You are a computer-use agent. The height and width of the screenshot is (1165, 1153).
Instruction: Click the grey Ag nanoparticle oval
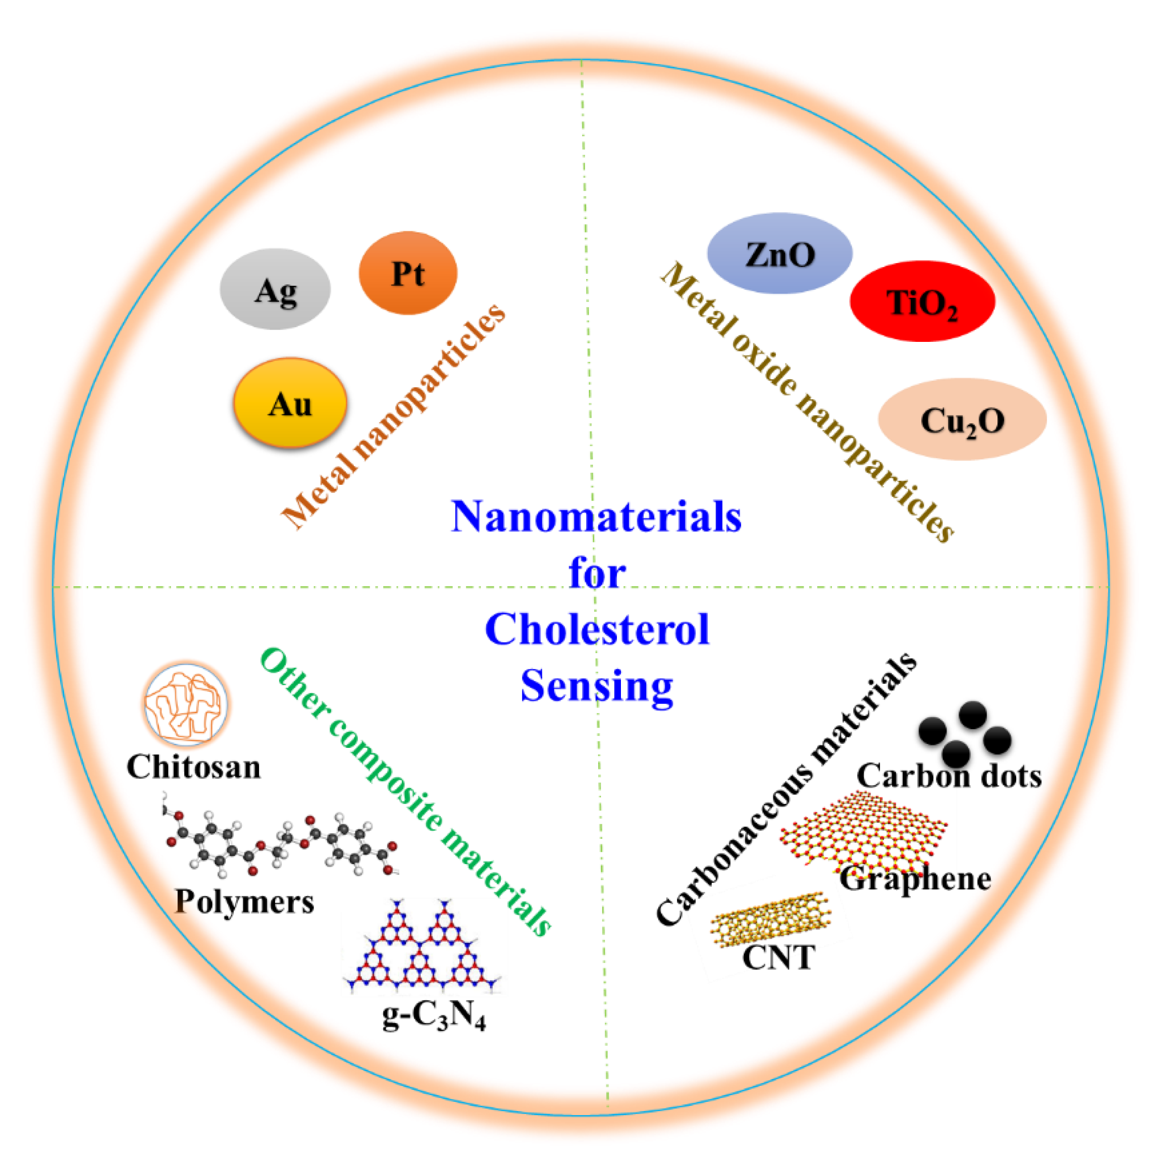[x=275, y=289]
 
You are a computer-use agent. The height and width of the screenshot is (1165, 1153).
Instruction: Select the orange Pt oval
[x=408, y=273]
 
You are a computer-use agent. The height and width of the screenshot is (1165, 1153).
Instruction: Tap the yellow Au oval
[x=290, y=403]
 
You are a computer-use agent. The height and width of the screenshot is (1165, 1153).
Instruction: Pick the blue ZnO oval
[x=779, y=254]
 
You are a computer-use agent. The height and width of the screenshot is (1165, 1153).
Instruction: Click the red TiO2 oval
[x=922, y=301]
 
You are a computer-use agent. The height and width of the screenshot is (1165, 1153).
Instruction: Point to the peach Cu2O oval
[x=962, y=420]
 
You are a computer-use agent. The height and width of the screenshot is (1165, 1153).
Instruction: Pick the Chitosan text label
[x=193, y=767]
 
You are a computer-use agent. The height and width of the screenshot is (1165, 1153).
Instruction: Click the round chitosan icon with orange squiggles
[x=186, y=704]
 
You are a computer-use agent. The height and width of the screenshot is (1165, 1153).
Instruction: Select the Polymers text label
[x=244, y=902]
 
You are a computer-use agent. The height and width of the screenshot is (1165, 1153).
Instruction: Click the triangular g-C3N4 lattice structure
[x=422, y=947]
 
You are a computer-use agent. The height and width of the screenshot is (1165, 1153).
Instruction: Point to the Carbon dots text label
[x=949, y=776]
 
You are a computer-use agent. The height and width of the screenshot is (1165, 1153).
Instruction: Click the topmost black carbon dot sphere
[x=972, y=715]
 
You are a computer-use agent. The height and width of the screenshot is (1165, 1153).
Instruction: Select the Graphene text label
[x=915, y=879]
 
